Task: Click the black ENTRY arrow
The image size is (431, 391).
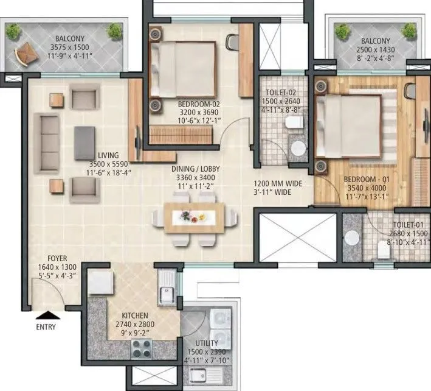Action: click(46, 315)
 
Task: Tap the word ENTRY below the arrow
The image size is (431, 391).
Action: click(46, 327)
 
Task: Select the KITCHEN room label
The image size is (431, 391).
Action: click(135, 315)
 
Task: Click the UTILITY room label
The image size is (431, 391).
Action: click(207, 344)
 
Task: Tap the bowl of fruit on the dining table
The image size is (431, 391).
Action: click(194, 215)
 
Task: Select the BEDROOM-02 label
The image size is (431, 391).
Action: click(198, 104)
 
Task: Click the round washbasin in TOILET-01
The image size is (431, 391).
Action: click(351, 239)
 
